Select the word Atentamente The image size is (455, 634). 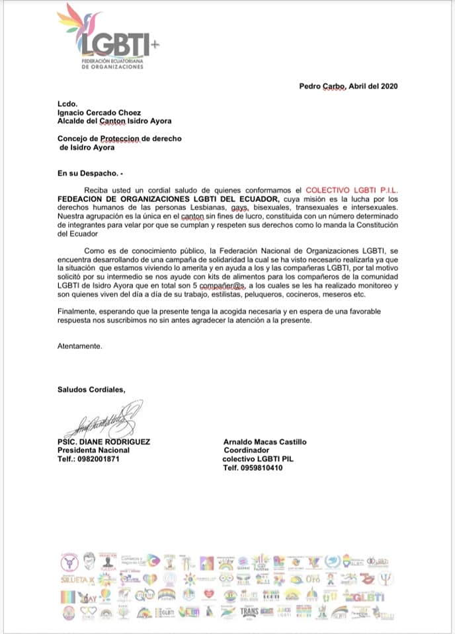(x=80, y=345)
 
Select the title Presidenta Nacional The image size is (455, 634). (x=93, y=450)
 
